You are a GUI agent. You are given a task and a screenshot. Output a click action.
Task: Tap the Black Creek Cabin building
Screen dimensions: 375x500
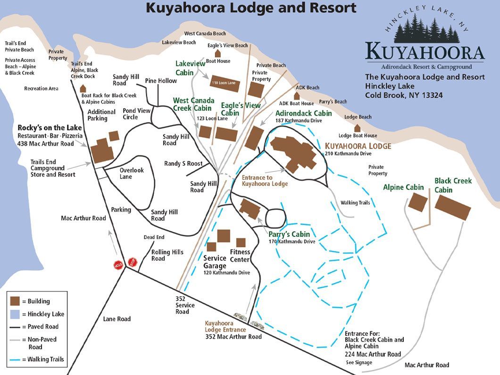pos(452,207)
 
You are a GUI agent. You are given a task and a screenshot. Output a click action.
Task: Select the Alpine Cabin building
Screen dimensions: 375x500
pos(417,202)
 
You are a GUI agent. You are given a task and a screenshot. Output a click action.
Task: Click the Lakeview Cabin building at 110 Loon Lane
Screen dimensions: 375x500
pos(225,83)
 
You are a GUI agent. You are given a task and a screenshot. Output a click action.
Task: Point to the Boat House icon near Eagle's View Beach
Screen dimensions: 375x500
pos(218,54)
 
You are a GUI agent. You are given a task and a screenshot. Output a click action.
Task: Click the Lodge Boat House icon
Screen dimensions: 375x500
pos(358,128)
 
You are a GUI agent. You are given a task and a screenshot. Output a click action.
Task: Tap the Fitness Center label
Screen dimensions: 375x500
pos(240,255)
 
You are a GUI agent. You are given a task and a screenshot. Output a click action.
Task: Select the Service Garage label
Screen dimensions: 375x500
pos(215,262)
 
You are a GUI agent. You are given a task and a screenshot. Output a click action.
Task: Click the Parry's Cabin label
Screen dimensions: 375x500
pos(289,234)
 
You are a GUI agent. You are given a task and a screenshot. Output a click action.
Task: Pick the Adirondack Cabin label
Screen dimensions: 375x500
pos(303,113)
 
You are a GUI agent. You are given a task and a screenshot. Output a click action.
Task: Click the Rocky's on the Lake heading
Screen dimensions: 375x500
pos(50,128)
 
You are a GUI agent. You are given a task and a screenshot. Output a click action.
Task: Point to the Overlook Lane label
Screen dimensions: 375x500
pos(132,173)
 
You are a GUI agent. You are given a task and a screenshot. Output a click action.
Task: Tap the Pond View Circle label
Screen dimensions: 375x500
pos(136,114)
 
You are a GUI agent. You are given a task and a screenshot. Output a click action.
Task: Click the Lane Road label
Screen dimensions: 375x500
pos(117,319)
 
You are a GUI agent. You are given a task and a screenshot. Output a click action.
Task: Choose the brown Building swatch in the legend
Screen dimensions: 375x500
pos(15,301)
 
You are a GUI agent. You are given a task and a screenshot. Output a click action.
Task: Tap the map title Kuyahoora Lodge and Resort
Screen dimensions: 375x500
pos(250,8)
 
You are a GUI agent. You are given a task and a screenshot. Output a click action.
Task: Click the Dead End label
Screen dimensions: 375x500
pos(154,237)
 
